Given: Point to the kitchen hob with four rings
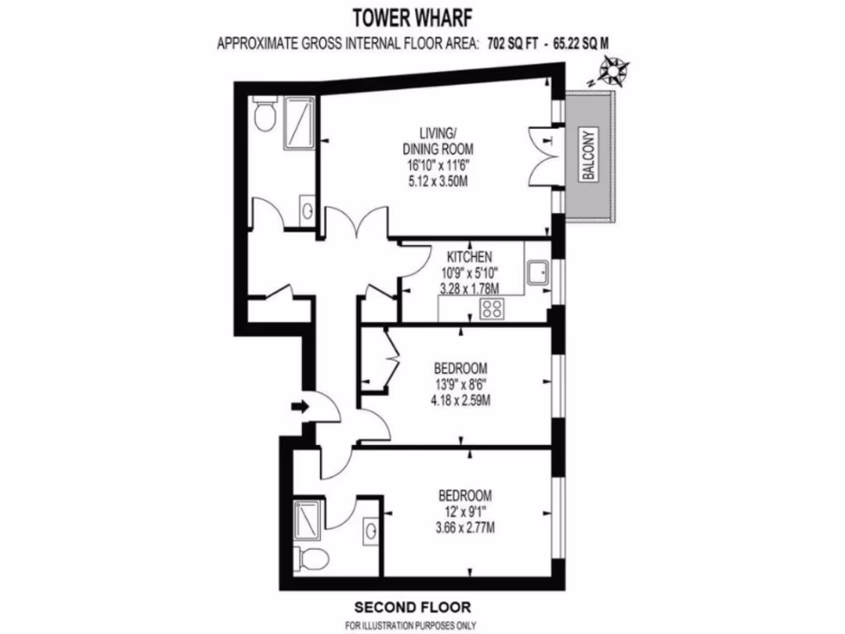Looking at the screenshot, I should [492, 309].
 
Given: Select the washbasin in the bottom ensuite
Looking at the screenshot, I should [369, 532].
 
